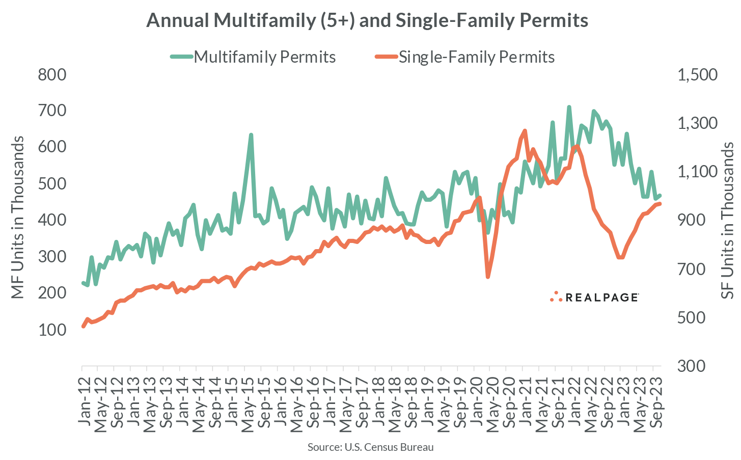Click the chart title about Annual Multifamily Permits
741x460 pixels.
367,20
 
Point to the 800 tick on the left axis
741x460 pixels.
52,75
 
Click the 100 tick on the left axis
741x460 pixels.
52,330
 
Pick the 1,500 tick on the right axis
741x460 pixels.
697,75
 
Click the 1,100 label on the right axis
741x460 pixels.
697,172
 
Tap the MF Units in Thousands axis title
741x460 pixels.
18,218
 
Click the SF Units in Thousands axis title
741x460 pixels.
728,221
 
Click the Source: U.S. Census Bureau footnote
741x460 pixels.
370,447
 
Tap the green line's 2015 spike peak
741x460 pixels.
251,135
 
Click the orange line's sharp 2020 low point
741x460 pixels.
488,277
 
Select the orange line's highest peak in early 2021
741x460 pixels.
525,131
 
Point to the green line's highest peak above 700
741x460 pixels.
569,107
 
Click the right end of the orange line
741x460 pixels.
660,204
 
